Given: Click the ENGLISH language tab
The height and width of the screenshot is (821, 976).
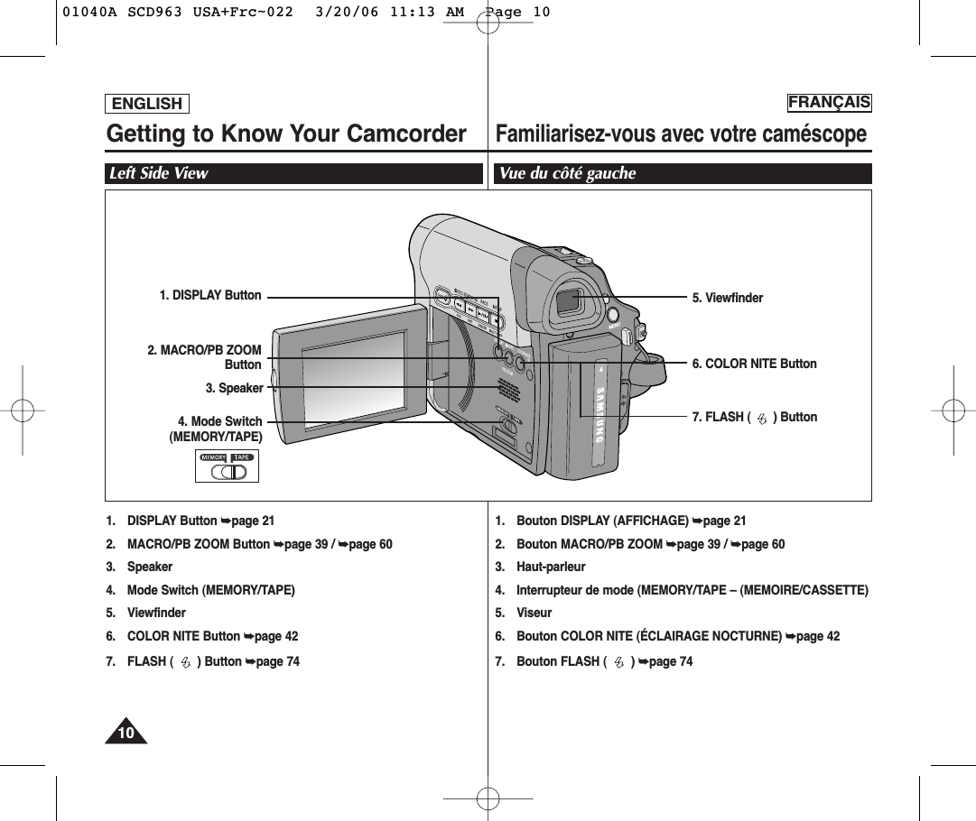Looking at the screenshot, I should click(x=147, y=104).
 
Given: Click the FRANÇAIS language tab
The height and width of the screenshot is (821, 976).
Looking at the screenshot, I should click(x=829, y=102).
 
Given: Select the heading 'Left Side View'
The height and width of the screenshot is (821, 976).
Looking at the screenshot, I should click(x=159, y=173).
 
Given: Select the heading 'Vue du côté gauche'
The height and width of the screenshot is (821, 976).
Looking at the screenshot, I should click(x=568, y=173).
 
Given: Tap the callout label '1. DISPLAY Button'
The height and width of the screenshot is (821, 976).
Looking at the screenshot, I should click(x=210, y=295).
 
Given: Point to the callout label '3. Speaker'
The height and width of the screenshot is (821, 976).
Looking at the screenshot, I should click(x=234, y=388).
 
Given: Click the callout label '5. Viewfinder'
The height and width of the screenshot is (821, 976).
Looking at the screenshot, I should click(x=727, y=298).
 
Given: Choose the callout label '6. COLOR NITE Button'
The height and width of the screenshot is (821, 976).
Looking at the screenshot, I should click(x=754, y=364).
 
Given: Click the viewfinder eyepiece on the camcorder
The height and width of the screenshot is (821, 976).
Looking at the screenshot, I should click(x=570, y=301).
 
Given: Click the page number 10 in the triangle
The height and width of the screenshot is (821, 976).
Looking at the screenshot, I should click(x=126, y=733).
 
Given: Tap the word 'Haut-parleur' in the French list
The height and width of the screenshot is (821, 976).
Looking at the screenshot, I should click(x=551, y=567).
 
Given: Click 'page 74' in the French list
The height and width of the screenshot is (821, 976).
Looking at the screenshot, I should click(x=670, y=661).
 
